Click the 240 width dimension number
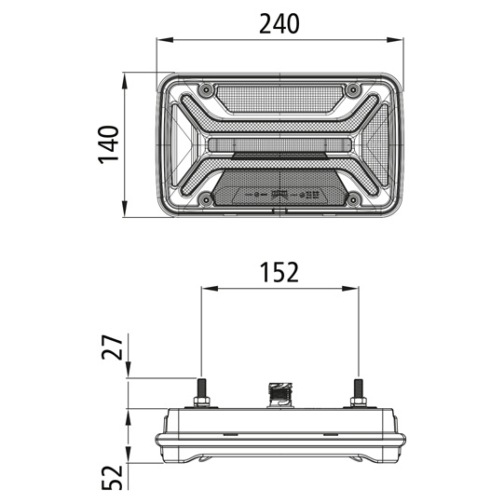(x=279, y=24)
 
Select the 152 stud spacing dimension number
(x=279, y=272)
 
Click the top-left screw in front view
(x=205, y=89)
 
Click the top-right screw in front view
(x=353, y=89)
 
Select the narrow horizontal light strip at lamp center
(x=279, y=144)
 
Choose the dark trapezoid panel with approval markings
(x=279, y=192)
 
